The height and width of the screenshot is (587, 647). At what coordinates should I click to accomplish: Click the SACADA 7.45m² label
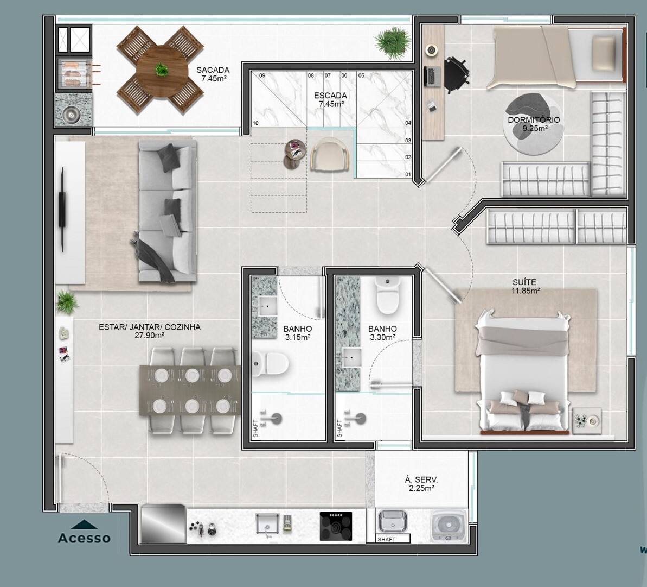click(213, 74)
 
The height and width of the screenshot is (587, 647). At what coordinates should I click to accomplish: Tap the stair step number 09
click(262, 75)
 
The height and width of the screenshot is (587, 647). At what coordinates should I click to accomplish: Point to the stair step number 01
click(408, 175)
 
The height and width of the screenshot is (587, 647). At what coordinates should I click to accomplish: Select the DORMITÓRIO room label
click(534, 120)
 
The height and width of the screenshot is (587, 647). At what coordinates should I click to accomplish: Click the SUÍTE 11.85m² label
click(525, 286)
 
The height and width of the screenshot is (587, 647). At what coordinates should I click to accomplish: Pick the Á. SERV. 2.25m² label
click(421, 484)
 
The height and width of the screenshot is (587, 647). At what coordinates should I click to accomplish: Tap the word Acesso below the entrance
click(84, 538)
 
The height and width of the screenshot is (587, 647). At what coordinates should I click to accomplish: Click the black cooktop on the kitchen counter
click(336, 526)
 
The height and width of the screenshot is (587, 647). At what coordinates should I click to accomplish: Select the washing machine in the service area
click(449, 526)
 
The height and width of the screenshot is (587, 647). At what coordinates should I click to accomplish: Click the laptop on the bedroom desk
click(432, 77)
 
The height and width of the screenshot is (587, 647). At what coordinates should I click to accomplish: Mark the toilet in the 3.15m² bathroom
click(271, 363)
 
